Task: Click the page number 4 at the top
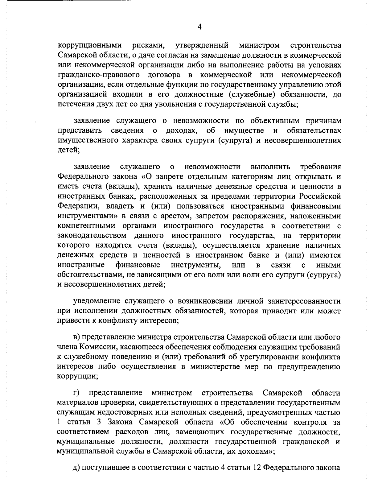199,27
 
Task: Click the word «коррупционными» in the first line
89,46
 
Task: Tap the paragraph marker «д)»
76,468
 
